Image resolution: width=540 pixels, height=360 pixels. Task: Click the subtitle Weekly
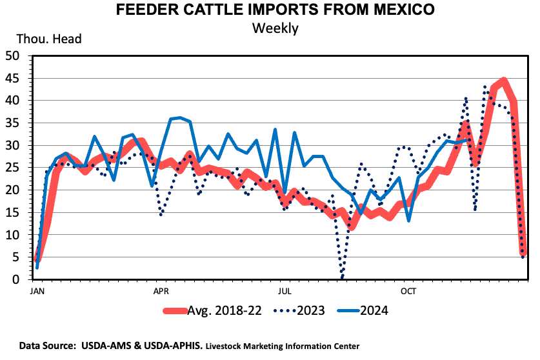[x=275, y=28]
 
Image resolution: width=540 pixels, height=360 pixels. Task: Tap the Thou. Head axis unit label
[x=45, y=39]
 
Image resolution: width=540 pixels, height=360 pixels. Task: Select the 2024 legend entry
[x=374, y=310]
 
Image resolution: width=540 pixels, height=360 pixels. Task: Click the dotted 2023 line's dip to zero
[x=342, y=277]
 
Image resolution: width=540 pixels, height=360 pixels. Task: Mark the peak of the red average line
[x=503, y=81]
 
